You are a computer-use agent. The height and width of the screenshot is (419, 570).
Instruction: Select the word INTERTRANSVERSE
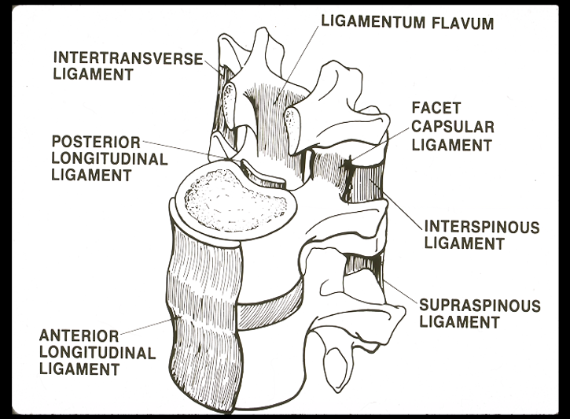pos(127,58)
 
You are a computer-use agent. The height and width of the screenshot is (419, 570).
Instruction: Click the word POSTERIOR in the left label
pos(96,143)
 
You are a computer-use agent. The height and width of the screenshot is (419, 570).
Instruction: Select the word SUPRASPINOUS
pos(479,304)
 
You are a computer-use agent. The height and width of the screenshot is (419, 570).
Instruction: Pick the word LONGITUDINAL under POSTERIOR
pos(109,159)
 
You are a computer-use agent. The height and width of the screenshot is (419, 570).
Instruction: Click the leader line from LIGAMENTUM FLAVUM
pos(300,59)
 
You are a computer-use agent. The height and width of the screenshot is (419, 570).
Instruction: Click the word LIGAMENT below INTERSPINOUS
pos(464,244)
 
